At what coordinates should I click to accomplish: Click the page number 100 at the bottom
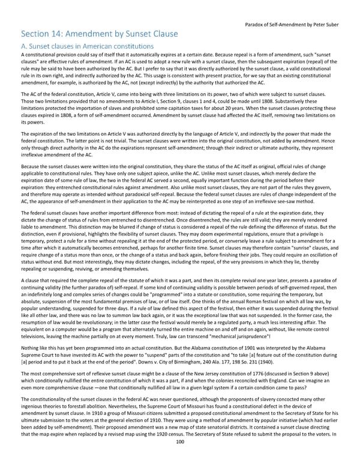(x=179, y=459)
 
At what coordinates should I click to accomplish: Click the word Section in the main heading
(x=39, y=34)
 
